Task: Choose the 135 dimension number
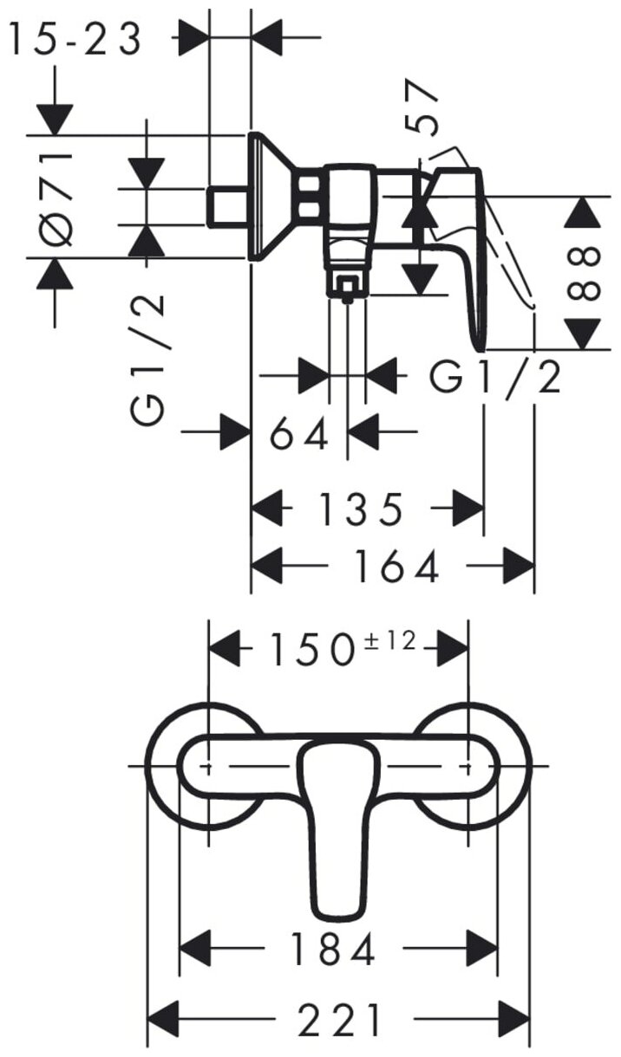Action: coord(360,509)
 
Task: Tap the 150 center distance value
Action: coord(308,648)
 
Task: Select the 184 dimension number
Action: coord(334,950)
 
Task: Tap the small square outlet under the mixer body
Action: coord(347,286)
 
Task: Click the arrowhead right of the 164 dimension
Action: coord(519,567)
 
